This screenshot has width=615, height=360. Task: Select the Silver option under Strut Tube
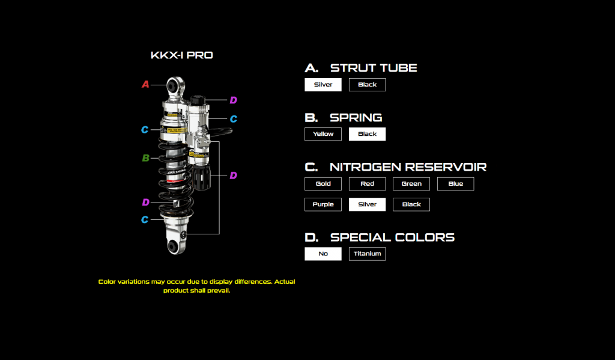pos(323,85)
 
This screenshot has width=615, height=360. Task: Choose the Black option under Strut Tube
pos(367,85)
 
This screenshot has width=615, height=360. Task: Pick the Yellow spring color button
pos(323,134)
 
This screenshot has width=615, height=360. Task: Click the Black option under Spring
pos(367,134)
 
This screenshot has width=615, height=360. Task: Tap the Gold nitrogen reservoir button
pos(323,184)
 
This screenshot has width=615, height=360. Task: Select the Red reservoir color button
pos(367,184)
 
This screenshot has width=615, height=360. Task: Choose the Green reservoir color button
pos(411,184)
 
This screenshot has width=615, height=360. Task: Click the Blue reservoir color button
pos(455,184)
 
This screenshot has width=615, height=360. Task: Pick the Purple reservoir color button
pos(323,204)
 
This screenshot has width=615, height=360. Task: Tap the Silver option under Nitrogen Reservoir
pos(367,204)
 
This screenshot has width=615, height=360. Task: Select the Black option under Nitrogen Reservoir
pos(411,204)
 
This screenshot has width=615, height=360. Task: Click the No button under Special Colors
pos(323,254)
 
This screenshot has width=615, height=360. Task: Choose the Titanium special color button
pos(367,254)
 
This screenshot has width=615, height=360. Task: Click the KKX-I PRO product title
pos(181,55)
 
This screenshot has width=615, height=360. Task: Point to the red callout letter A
pos(145,85)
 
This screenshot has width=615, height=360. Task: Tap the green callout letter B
pos(145,158)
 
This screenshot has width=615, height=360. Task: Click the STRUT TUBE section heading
pos(373,68)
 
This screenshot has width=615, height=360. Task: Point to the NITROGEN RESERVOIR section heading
pos(408,166)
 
